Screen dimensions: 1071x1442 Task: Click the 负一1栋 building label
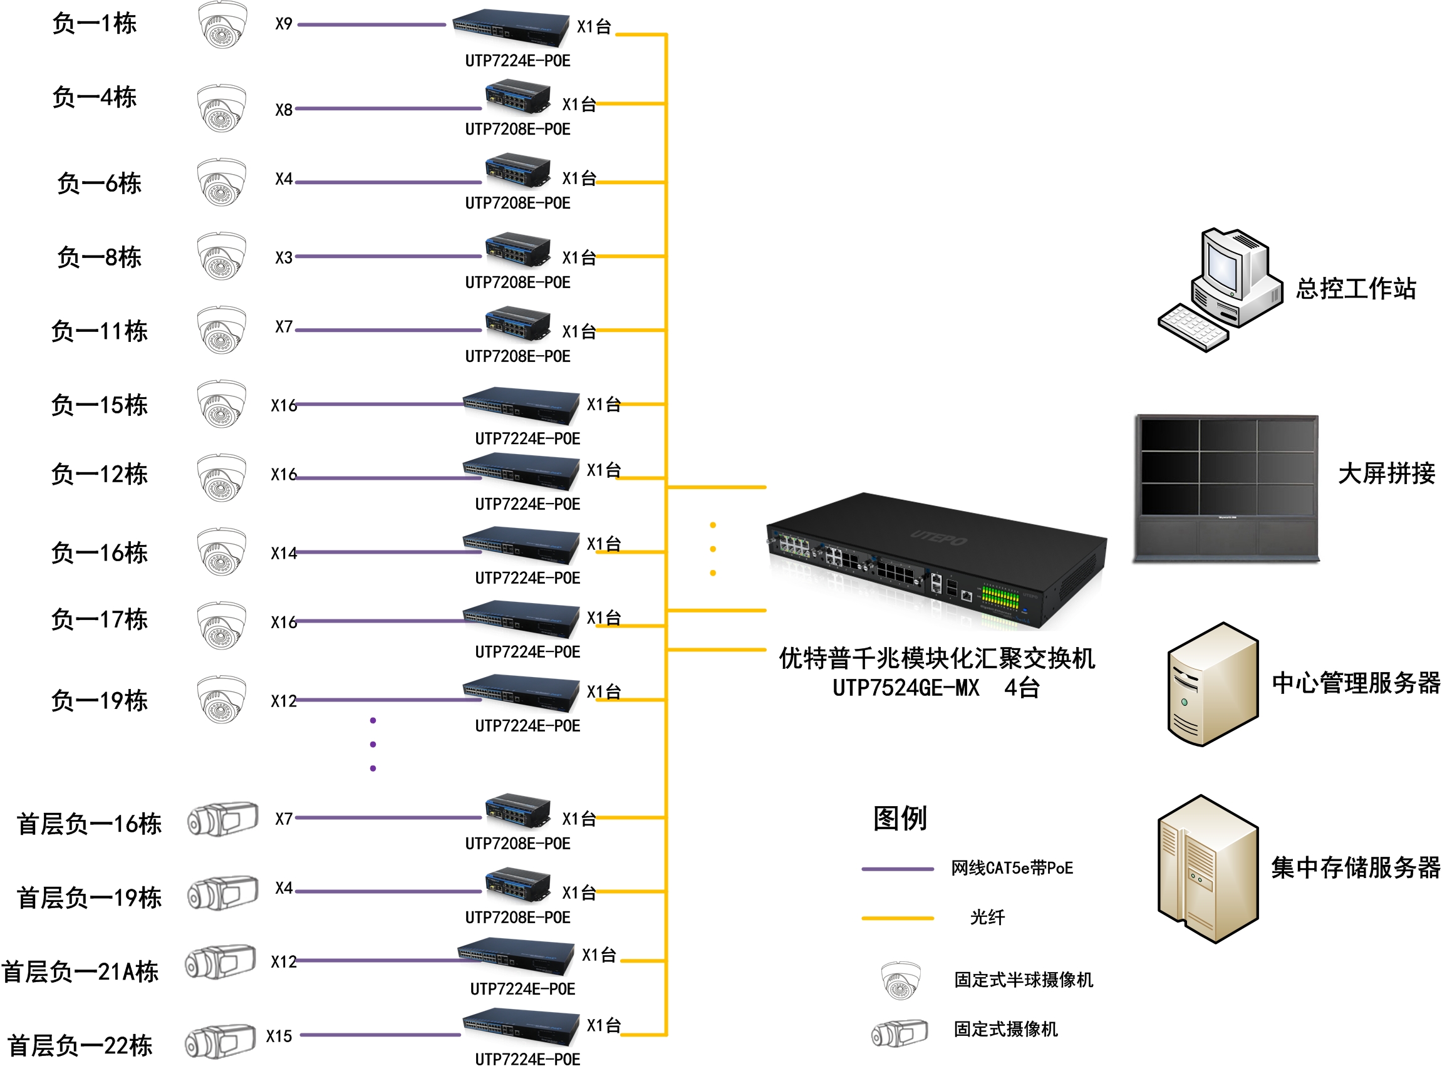94,24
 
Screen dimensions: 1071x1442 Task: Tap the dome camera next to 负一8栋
222,256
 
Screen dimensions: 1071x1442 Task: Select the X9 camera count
283,24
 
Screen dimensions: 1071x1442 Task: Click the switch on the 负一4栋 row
517,98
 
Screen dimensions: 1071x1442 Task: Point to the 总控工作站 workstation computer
1219,289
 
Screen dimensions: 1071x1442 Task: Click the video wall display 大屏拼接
1226,487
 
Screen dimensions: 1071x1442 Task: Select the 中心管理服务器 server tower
1212,684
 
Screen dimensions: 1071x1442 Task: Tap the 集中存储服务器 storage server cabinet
1207,869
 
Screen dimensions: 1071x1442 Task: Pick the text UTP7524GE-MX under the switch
906,688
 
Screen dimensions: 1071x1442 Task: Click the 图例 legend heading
900,818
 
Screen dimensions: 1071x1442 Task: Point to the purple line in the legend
897,869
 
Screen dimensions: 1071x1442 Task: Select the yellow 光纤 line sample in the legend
897,918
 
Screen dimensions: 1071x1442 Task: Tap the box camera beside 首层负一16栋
222,819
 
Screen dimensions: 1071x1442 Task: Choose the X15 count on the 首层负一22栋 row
279,1036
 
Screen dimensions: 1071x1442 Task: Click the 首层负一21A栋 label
80,971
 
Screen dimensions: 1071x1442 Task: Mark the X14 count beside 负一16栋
283,553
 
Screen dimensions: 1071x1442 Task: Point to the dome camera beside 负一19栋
222,699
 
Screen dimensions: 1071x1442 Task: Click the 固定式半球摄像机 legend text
1023,980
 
